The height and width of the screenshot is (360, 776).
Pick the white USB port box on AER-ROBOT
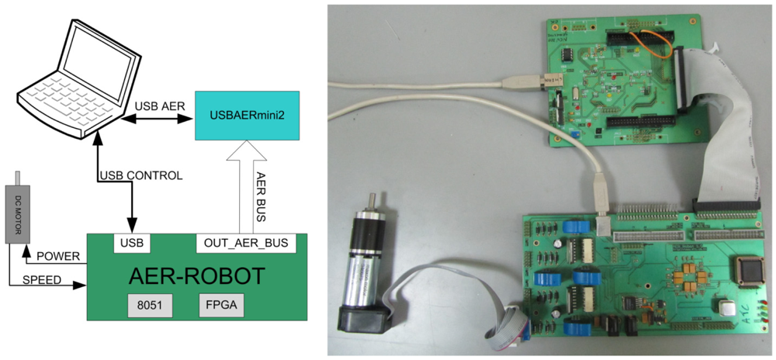(x=132, y=244)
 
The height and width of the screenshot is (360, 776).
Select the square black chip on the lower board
(x=746, y=268)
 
